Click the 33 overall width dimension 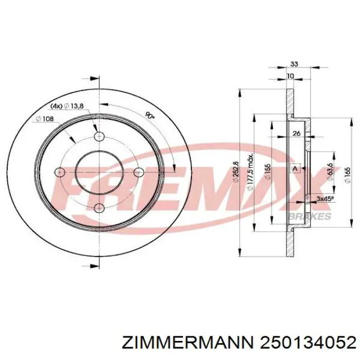click(x=294, y=64)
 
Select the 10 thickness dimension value click(x=290, y=76)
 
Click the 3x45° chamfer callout click(x=325, y=199)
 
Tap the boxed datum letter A click(x=295, y=168)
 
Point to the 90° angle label click(x=150, y=116)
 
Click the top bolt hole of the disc click(x=99, y=136)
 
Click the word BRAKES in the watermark click(x=311, y=217)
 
